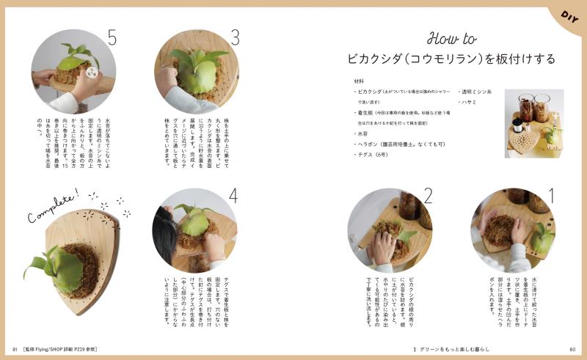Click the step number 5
click(112, 38)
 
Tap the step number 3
click(235, 37)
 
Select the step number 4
click(233, 196)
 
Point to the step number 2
click(429, 196)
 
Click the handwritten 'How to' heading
click(451, 39)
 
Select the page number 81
click(14, 349)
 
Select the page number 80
click(572, 349)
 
